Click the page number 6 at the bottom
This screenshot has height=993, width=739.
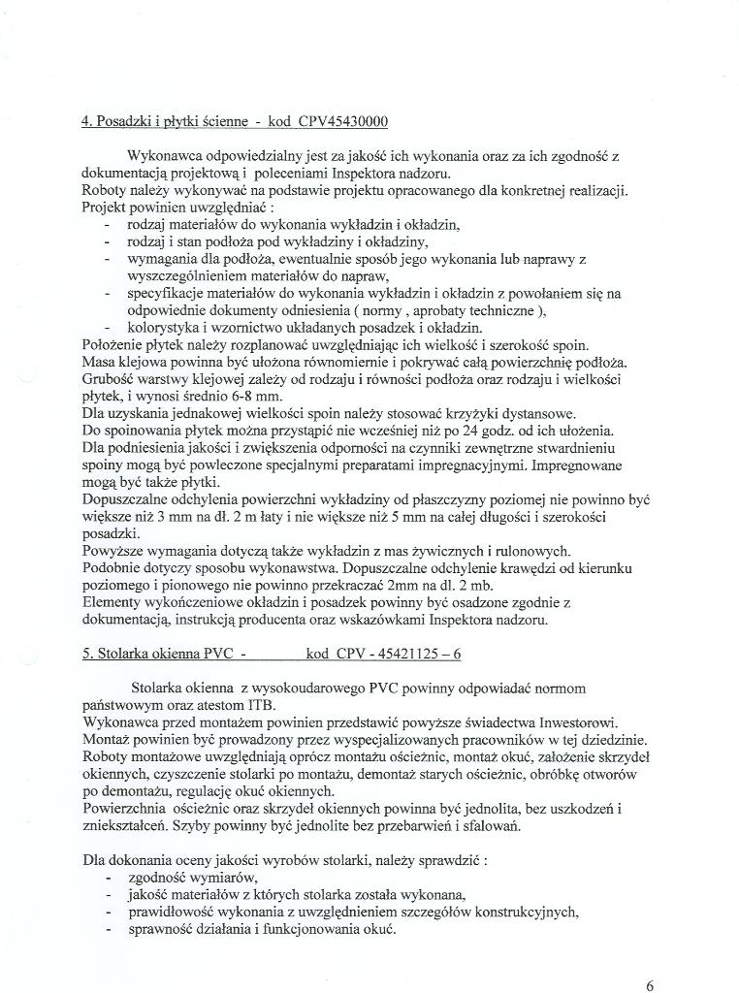650,985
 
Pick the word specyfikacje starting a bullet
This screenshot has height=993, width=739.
165,293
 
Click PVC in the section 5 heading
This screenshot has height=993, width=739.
214,655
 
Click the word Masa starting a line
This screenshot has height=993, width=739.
99,362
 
